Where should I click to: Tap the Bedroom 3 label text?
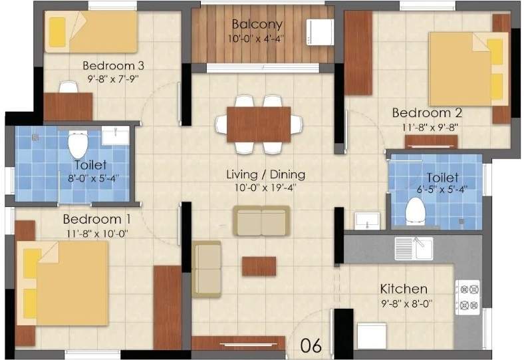coord(114,66)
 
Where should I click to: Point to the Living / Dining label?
coord(265,175)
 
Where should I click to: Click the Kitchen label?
coord(403,289)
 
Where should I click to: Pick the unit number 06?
coord(311,345)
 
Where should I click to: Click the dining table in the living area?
coord(258,124)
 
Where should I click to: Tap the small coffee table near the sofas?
coord(259,266)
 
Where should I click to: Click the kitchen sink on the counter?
coord(413,248)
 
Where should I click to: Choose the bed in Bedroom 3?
coord(89,32)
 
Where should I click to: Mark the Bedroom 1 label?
coord(96,219)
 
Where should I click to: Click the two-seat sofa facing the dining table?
coord(261,220)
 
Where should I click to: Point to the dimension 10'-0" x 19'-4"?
coord(265,188)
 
